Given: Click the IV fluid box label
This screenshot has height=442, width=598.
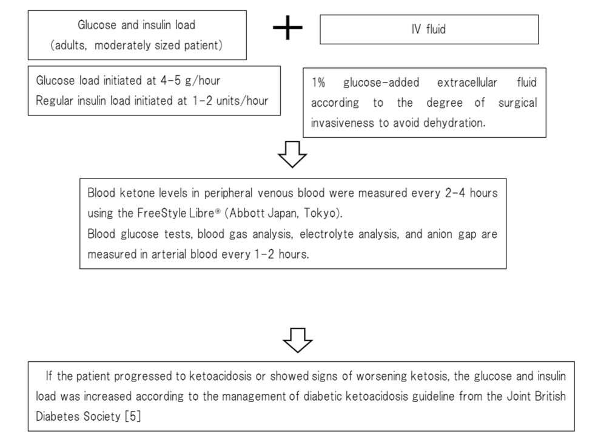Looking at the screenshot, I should tap(428, 29).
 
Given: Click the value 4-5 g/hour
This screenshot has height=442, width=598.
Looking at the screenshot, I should tap(186, 81).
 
